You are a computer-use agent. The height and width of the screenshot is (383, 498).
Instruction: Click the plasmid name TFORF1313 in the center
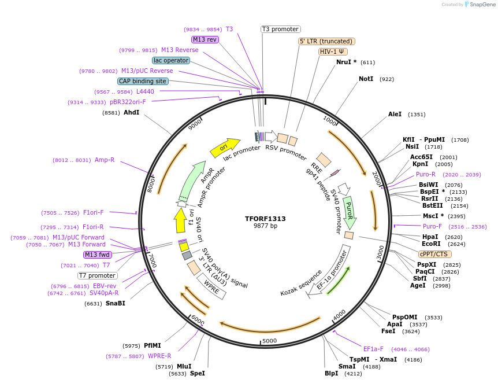pos(265,219)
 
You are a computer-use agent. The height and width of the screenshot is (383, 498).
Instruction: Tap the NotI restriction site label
pos(366,79)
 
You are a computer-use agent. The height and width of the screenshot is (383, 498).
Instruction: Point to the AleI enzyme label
pos(395,114)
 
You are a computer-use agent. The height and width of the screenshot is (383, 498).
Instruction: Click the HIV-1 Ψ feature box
pos(333,51)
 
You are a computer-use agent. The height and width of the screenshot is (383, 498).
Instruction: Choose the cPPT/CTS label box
pos(435,254)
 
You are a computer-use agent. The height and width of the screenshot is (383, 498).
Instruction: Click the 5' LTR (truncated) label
pos(326,41)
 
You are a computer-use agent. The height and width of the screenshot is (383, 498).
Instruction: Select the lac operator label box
pos(171,60)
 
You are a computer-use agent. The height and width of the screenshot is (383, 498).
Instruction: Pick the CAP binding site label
pos(143,82)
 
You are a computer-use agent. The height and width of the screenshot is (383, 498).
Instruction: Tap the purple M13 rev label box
pos(205,39)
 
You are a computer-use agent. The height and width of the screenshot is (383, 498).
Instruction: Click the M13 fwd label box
pos(98,255)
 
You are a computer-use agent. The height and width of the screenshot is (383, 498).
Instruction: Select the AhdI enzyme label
pos(131,112)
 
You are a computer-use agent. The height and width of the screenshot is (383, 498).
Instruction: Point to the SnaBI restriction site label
pos(115,303)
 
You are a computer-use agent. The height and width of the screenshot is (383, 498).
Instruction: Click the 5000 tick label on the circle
pos(270,341)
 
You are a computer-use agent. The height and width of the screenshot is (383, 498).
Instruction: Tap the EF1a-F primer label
pos(373,349)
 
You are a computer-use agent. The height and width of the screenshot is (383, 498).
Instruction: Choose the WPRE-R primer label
pos(159,356)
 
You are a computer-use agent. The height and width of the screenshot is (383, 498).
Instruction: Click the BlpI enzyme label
pos(331,374)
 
